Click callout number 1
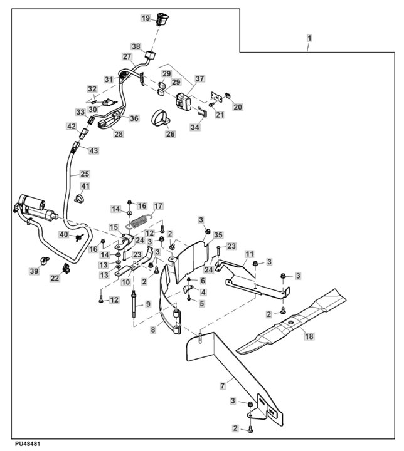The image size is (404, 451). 309,38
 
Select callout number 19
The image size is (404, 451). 144,18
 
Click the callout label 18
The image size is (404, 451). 308,336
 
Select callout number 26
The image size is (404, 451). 170,133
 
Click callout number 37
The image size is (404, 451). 199,79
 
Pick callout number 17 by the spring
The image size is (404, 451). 158,206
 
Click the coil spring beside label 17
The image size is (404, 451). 139,217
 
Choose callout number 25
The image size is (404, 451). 85,174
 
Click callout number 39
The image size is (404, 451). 35,270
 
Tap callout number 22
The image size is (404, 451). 55,278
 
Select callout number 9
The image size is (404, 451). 148,304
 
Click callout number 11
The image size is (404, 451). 249,254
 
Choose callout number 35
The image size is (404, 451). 218,235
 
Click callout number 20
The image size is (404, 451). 238,107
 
